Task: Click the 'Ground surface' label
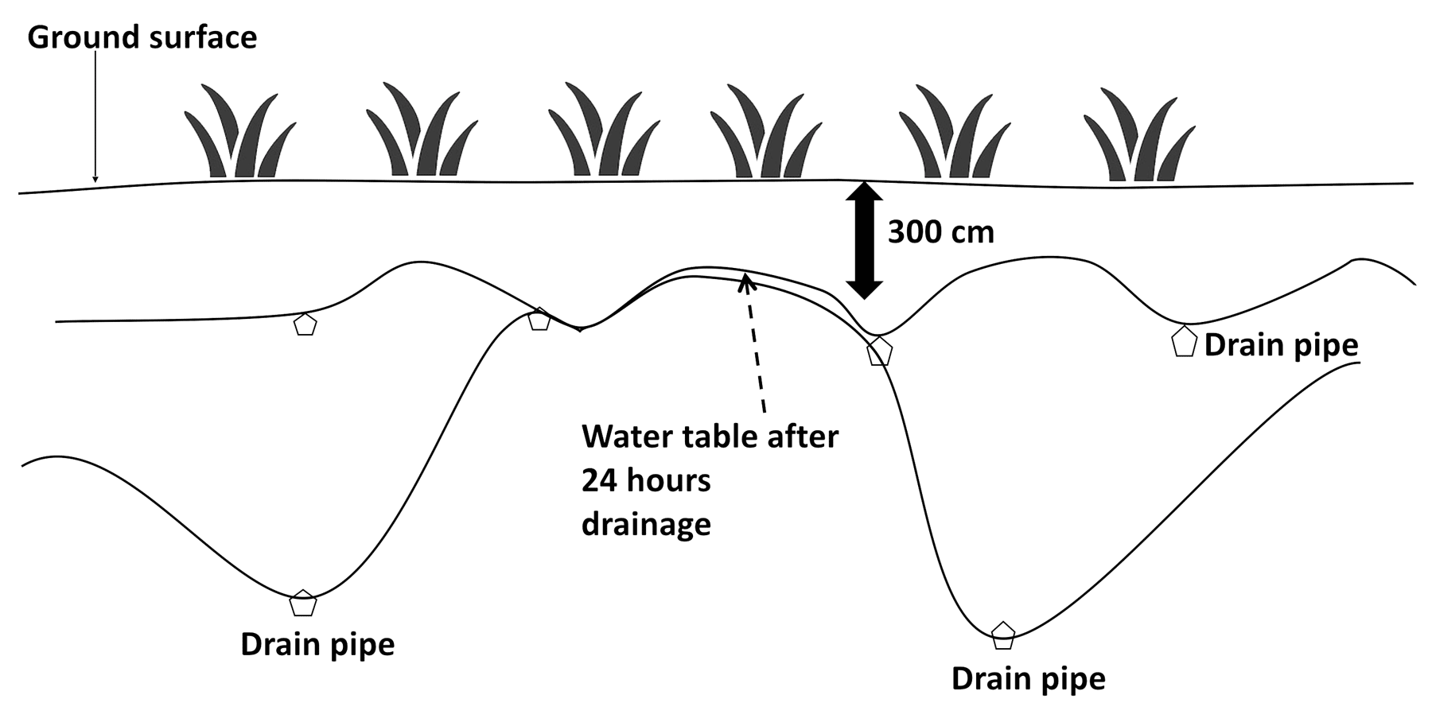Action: pyautogui.click(x=142, y=37)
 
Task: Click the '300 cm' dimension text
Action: pyautogui.click(x=940, y=232)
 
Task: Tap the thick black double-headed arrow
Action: pyautogui.click(x=863, y=239)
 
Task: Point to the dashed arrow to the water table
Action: pyautogui.click(x=755, y=342)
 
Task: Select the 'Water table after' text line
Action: pyautogui.click(x=710, y=437)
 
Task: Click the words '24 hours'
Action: pyautogui.click(x=646, y=480)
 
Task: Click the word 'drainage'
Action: pyautogui.click(x=646, y=524)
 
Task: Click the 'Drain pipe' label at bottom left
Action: pyautogui.click(x=317, y=644)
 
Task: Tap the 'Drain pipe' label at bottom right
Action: pyautogui.click(x=1028, y=678)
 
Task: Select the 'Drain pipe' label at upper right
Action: pyautogui.click(x=1281, y=345)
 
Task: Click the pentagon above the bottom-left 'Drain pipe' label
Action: pyautogui.click(x=302, y=604)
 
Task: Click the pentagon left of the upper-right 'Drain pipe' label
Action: pyautogui.click(x=1185, y=342)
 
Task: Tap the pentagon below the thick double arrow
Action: pyautogui.click(x=879, y=351)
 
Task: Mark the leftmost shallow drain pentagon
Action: pyautogui.click(x=305, y=324)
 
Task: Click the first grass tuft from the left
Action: pyautogui.click(x=239, y=132)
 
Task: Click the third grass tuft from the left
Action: pyautogui.click(x=603, y=130)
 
